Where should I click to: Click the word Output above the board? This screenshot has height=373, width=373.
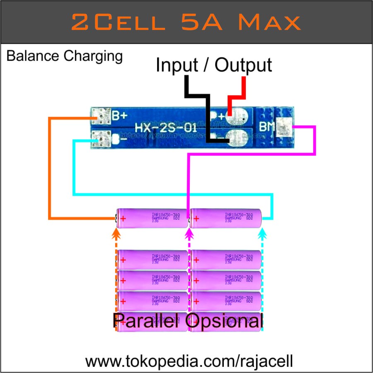pyautogui.click(x=243, y=65)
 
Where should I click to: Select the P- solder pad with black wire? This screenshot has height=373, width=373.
pyautogui.click(x=238, y=138)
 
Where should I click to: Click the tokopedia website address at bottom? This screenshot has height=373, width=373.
pyautogui.click(x=189, y=361)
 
